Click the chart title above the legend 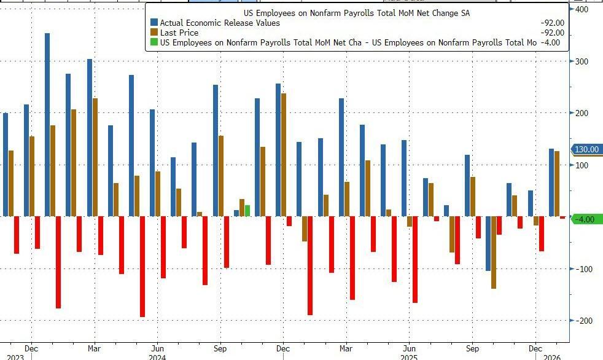[x=356, y=13]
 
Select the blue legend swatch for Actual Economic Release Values [x=154, y=23]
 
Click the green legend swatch [x=154, y=42]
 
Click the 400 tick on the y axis [x=581, y=10]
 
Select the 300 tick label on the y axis [x=581, y=61]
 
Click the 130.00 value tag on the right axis [x=586, y=149]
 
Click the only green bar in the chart [x=247, y=211]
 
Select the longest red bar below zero [x=142, y=267]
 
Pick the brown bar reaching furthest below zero [x=494, y=252]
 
